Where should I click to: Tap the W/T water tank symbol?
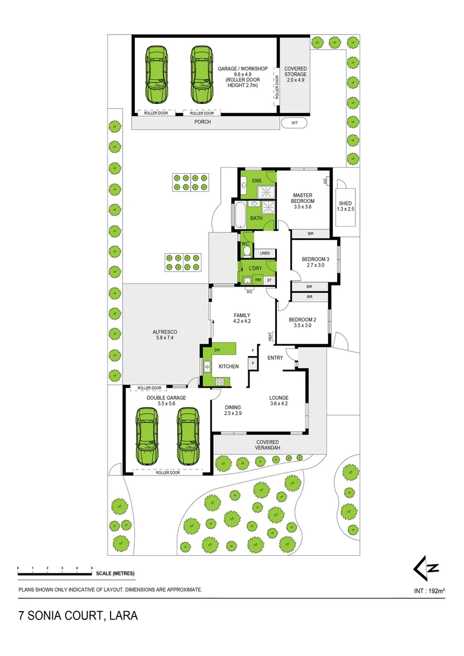point(295,123)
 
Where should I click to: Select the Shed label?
point(345,206)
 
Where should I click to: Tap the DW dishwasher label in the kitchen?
point(216,350)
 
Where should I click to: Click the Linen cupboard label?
point(264,253)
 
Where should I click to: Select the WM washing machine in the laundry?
point(258,280)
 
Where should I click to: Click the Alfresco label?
point(163,335)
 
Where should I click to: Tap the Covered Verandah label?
point(267,445)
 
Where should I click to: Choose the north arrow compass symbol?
point(426,569)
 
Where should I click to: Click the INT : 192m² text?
point(429,590)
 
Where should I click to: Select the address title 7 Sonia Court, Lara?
point(78,616)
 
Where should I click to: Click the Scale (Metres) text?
point(115,573)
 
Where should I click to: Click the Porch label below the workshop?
point(202,122)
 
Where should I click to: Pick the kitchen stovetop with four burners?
point(220,381)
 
